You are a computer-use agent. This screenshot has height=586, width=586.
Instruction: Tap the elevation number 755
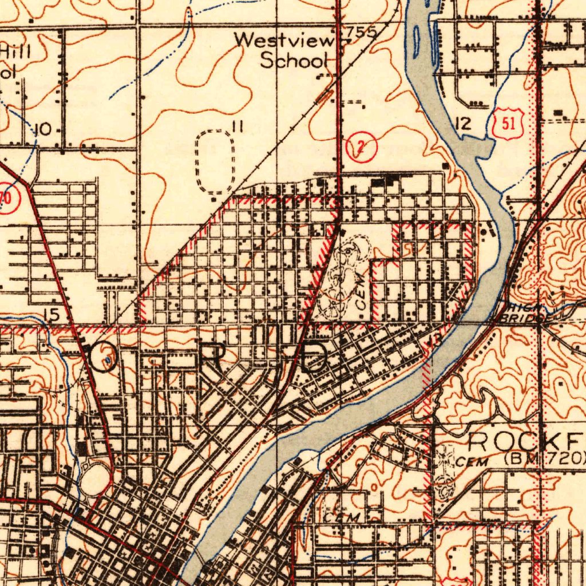[361, 33]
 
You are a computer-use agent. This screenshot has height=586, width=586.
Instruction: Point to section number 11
[237, 126]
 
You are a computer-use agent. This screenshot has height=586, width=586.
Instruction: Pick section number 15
[51, 314]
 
